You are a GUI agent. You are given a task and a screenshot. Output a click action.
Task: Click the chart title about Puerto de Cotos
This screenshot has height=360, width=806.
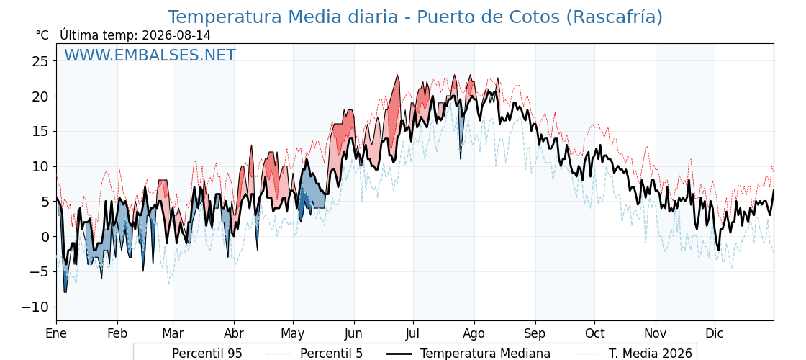tap(415, 17)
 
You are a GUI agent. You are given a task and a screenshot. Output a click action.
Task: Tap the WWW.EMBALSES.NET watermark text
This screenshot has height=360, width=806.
tap(150, 55)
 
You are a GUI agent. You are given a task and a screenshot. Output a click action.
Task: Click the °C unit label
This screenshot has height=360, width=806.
tap(42, 35)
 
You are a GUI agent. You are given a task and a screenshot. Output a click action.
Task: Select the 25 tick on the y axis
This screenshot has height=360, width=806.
tap(40, 61)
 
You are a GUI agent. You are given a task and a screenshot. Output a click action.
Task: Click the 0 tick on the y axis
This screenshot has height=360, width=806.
tap(45, 237)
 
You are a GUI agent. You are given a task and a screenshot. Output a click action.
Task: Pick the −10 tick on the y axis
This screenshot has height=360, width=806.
tap(36, 307)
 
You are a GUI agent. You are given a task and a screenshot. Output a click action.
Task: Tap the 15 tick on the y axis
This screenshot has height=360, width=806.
tap(40, 132)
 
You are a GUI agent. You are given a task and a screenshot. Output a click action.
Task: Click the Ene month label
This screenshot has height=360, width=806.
tap(56, 333)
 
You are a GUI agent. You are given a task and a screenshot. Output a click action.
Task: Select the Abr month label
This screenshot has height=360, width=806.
tap(234, 333)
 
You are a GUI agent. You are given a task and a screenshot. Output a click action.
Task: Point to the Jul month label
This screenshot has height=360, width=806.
tap(413, 333)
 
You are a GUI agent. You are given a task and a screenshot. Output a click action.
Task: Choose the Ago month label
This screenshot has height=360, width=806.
tap(474, 334)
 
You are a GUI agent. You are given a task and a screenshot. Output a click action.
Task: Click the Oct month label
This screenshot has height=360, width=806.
tap(594, 333)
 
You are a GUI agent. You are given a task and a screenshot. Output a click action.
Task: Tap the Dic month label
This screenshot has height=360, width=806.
tap(715, 333)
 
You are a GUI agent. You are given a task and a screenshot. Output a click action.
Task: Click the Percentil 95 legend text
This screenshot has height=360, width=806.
tap(207, 354)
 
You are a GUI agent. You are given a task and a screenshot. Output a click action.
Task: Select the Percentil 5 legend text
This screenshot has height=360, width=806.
tap(332, 354)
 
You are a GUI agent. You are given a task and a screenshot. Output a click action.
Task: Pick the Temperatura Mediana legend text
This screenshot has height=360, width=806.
tap(485, 354)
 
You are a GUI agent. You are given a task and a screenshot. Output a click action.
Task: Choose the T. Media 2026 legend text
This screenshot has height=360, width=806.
tap(651, 354)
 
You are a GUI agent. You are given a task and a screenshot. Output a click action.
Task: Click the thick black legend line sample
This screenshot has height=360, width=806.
tap(399, 354)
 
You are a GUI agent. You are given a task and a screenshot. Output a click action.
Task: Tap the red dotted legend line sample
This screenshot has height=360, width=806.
tap(150, 354)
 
